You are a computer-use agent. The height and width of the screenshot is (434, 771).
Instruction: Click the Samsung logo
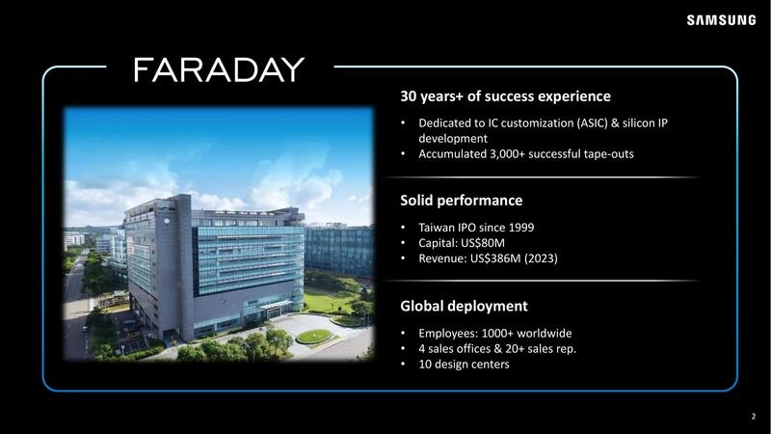point(721,20)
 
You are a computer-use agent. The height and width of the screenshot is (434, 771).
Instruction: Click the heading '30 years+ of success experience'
point(505,96)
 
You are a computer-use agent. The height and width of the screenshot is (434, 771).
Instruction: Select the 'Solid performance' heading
point(461,201)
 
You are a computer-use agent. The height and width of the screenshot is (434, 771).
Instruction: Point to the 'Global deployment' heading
point(464,306)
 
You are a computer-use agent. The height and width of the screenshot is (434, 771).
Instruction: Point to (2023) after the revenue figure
point(541,258)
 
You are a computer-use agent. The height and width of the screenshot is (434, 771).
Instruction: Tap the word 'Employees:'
point(448,333)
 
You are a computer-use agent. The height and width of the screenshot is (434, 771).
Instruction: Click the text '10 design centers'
point(464,364)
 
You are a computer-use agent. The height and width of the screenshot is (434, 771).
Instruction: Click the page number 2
point(753,417)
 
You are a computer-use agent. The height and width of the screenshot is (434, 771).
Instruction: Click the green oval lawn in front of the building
point(313,337)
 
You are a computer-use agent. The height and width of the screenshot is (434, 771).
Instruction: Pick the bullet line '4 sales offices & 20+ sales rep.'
point(497,348)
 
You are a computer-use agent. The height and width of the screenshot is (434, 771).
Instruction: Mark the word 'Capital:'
point(439,243)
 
